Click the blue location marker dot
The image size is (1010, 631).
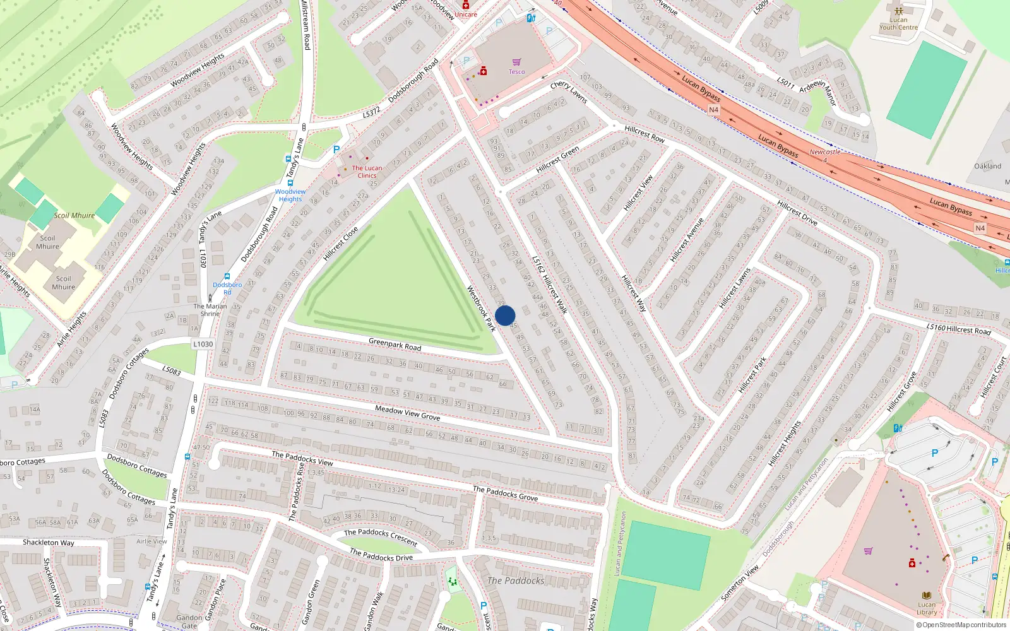pos(505,315)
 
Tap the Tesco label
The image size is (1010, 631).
pos(516,72)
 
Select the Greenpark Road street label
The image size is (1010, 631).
pos(395,345)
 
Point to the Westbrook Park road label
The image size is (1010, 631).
pos(481,308)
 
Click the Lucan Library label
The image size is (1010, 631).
pos(926,608)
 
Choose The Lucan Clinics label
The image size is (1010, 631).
pos(367,172)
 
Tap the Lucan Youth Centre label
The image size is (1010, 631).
pos(898,23)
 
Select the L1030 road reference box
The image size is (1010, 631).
pos(203,344)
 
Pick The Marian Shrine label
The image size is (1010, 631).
pos(210,310)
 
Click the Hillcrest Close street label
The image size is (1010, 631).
pos(340,244)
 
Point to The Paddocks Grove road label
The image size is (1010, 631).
pos(505,493)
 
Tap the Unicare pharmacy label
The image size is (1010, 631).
pos(466,14)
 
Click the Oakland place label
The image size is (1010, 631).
pos(987,166)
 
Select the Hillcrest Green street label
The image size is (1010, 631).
pos(557,160)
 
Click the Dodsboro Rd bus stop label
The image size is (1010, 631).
pos(227,288)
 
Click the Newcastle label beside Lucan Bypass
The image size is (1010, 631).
pos(824,152)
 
